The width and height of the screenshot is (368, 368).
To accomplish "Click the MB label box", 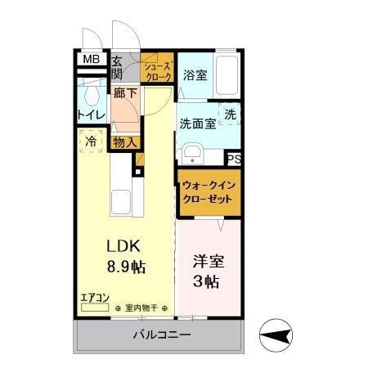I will click(x=91, y=60).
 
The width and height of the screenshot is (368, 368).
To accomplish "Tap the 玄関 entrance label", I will click(x=117, y=66).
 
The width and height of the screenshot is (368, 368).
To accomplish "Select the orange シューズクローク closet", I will click(x=157, y=70).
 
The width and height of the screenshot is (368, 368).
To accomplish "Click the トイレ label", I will click(x=90, y=115).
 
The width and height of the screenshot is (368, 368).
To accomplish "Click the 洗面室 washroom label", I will click(x=197, y=123).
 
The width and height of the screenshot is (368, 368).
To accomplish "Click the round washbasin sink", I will click(x=194, y=153).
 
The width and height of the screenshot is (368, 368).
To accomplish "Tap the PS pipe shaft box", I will click(x=234, y=159).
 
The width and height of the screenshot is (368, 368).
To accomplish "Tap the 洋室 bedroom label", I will click(x=206, y=263).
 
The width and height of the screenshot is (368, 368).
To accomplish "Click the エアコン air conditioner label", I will click(x=93, y=299).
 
